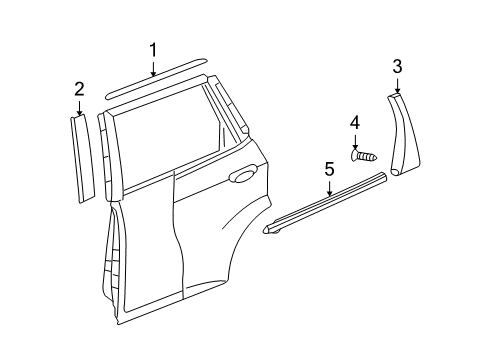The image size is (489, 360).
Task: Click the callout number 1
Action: (x=153, y=49)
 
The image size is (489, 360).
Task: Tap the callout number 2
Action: (x=79, y=90)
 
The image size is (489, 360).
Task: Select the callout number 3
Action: (x=397, y=66)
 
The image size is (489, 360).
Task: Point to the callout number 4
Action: (x=354, y=123)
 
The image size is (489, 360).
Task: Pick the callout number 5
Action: (x=329, y=170)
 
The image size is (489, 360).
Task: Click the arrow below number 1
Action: (x=153, y=69)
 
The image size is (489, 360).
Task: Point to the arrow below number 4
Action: (x=354, y=142)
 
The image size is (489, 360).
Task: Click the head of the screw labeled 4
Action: (x=356, y=155)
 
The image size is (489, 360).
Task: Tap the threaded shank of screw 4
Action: (x=369, y=156)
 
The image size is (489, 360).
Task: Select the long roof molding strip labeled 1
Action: (x=160, y=83)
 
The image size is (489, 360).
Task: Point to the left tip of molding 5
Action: (x=267, y=234)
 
